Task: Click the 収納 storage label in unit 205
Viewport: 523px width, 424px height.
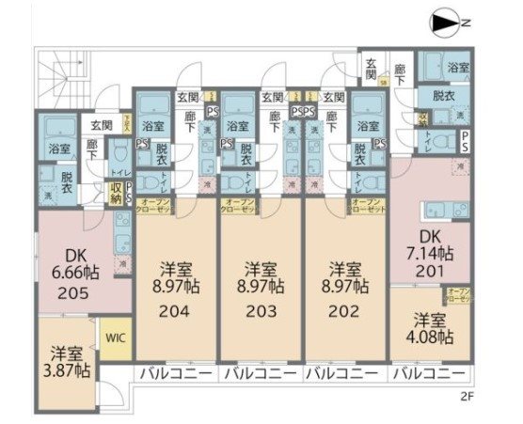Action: (x=116, y=192)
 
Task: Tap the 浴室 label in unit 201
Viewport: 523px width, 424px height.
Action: (x=458, y=69)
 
